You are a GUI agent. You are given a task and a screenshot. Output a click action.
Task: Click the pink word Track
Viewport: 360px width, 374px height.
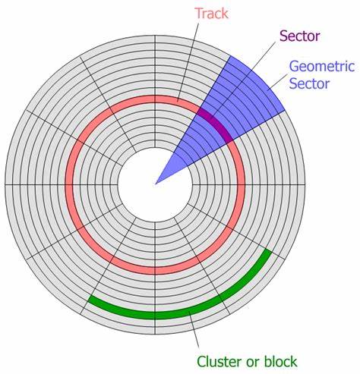click(212, 14)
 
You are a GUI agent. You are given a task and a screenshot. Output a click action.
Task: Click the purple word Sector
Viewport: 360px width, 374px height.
click(300, 36)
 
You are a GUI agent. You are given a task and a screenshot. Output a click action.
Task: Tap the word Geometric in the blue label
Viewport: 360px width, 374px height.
click(322, 66)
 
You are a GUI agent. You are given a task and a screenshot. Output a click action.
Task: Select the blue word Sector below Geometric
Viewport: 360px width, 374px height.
click(309, 83)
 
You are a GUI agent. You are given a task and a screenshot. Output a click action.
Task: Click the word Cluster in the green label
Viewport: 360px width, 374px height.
click(219, 361)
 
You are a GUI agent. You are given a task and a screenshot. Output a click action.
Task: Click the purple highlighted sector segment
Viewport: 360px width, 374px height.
click(216, 124)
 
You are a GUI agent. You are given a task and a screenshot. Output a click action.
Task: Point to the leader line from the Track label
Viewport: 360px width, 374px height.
click(188, 62)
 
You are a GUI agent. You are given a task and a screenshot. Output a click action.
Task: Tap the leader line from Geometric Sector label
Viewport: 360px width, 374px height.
click(278, 82)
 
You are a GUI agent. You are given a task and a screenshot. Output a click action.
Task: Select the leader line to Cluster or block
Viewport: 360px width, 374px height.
click(194, 330)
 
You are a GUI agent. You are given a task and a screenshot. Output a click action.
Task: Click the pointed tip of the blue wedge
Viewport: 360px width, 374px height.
click(155, 184)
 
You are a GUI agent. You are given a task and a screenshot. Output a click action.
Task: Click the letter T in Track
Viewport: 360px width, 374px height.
click(199, 14)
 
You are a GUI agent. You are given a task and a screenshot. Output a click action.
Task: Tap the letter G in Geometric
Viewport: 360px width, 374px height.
click(294, 66)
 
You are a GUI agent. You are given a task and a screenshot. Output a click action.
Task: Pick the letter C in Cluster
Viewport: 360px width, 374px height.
click(201, 361)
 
